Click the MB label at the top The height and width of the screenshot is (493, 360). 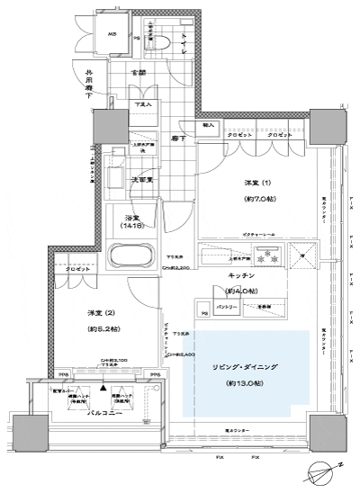pos(112,36)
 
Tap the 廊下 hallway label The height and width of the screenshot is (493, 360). pos(179,139)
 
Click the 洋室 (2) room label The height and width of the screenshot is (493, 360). pos(100,311)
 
